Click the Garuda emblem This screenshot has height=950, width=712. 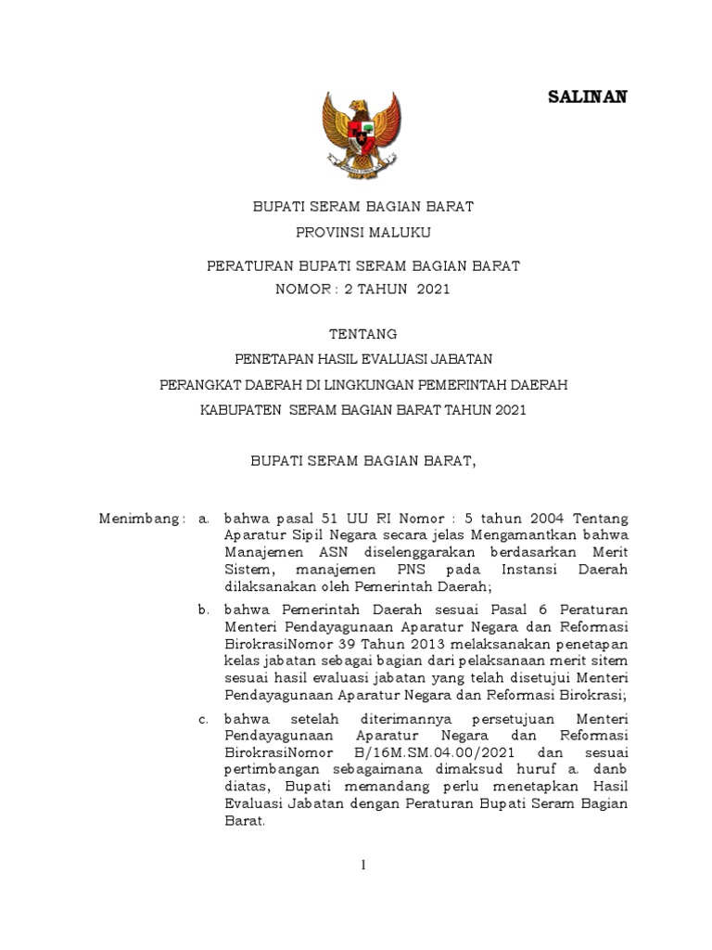click(361, 134)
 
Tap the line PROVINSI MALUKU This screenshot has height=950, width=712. click(362, 232)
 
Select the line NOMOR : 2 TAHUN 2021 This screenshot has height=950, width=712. click(362, 289)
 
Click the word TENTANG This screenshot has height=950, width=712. click(362, 334)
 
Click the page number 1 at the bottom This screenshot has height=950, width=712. click(364, 866)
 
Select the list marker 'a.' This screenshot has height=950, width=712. click(204, 518)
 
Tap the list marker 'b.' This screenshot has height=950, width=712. click(204, 609)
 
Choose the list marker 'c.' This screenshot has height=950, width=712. click(204, 719)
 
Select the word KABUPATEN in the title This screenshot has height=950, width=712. click(239, 410)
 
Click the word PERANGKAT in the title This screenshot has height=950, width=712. click(197, 384)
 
